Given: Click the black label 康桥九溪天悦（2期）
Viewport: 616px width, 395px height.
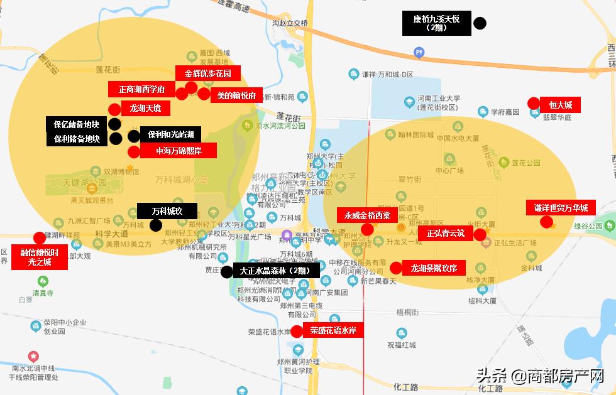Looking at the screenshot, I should click(x=436, y=23).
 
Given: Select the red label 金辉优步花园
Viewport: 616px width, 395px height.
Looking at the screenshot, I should click(x=207, y=73).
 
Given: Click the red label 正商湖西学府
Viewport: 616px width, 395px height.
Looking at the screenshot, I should click(x=141, y=90).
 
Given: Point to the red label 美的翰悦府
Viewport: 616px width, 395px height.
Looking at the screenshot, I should click(x=236, y=95).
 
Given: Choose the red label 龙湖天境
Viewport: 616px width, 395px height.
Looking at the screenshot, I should click(x=145, y=109).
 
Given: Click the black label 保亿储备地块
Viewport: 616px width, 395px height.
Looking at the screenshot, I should click(x=76, y=124).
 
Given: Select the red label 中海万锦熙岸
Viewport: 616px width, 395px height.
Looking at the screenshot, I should click(x=179, y=151).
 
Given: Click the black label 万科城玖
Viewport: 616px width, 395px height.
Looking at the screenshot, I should click(x=167, y=211).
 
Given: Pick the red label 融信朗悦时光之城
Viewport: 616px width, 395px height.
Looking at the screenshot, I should click(x=40, y=257).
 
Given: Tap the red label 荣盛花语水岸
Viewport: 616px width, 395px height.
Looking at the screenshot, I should click(x=333, y=330).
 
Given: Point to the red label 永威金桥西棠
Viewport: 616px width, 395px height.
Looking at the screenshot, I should click(x=367, y=215).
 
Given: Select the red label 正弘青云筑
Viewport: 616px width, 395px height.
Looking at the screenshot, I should click(x=446, y=234).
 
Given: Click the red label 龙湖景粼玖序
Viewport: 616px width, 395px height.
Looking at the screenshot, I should click(x=438, y=268).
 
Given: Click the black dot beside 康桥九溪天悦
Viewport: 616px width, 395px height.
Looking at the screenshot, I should click(x=480, y=24).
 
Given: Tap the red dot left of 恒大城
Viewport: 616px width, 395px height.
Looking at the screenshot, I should click(x=534, y=104).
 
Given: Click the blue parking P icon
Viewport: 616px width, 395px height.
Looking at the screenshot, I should click(x=419, y=52).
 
